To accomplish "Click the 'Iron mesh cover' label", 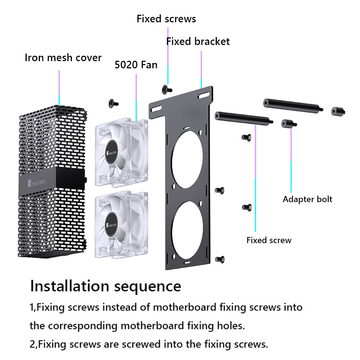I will (63, 58).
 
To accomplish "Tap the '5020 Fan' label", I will (136, 65).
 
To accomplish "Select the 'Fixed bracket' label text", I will (198, 42).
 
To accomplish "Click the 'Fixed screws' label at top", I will (166, 19).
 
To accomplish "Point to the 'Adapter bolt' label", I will (307, 199).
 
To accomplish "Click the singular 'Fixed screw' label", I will (269, 240).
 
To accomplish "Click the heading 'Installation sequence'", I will (105, 286).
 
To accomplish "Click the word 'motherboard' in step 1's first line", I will (184, 307).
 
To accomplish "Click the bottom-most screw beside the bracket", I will (219, 259).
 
